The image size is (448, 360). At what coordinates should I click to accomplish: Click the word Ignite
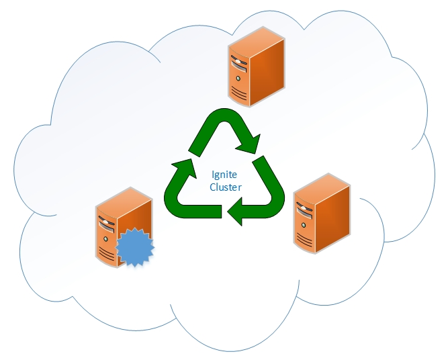pyautogui.click(x=226, y=174)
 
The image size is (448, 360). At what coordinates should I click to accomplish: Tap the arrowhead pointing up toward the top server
pyautogui.click(x=181, y=167)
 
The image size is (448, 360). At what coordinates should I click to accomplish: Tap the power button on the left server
pyautogui.click(x=106, y=236)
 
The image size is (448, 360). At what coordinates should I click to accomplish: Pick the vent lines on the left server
pyautogui.click(x=106, y=253)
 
